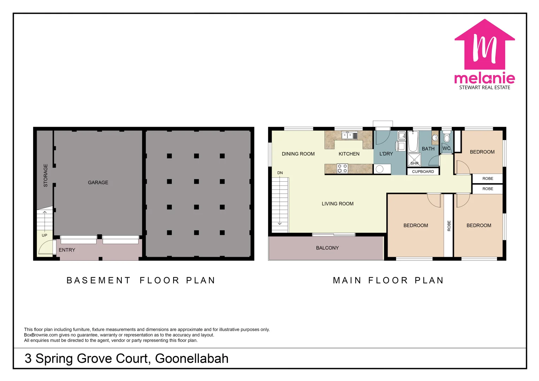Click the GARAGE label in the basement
pos(98,182)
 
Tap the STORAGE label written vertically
pos(46,175)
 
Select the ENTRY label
pos(67,250)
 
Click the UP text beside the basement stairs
pos(44,235)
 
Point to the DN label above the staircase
pos(280,173)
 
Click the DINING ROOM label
pos(298,154)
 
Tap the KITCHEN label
pos(349,154)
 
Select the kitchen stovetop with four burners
pos(342,168)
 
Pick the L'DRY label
pos(386,154)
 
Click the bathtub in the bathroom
pos(413,142)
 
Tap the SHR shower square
pos(414,160)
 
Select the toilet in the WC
pos(447,137)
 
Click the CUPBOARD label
pos(423,171)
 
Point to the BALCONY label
pos(327,248)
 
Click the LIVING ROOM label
pos(337,204)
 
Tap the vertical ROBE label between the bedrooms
pos(449,226)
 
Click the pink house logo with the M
pos(485,46)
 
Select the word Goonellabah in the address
pos(192,358)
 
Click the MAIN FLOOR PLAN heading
pos(388,280)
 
